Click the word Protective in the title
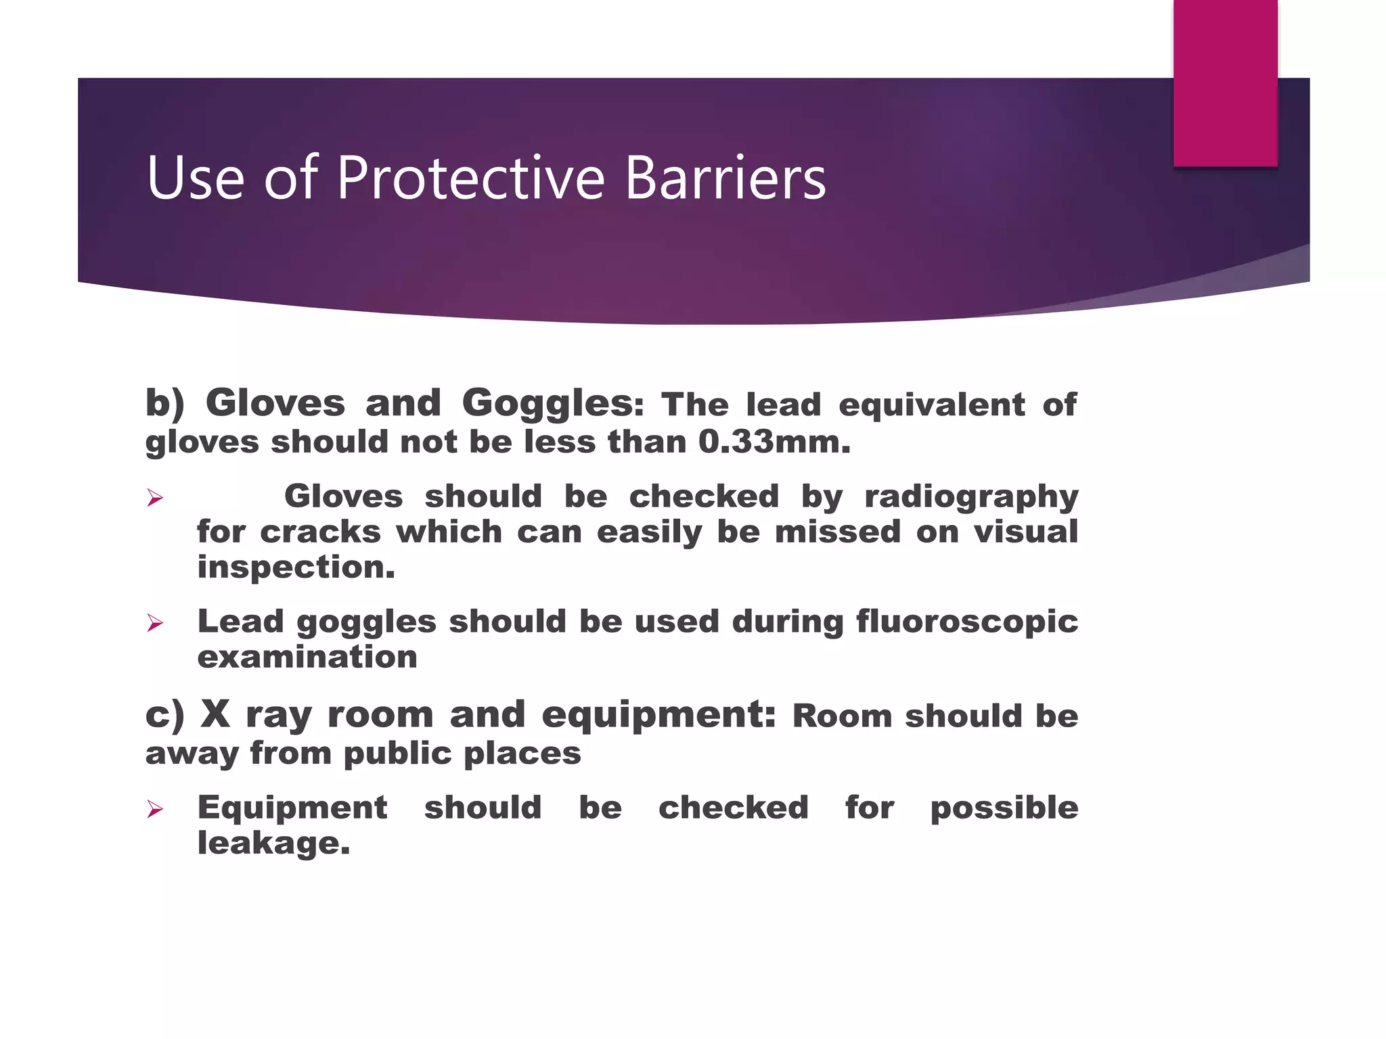click(x=470, y=178)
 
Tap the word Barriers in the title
click(x=725, y=178)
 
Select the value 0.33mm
click(x=774, y=442)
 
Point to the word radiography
click(x=971, y=497)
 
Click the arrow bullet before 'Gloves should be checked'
click(x=155, y=499)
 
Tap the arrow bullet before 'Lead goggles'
click(x=155, y=623)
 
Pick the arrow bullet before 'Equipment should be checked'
click(x=155, y=808)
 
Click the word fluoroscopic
click(x=967, y=622)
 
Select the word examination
click(x=307, y=657)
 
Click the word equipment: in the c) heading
click(x=658, y=715)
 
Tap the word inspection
click(x=296, y=568)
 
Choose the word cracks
click(x=320, y=532)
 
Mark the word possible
click(x=1004, y=808)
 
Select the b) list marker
click(x=164, y=404)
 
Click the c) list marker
click(x=164, y=715)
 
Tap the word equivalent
click(x=931, y=405)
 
